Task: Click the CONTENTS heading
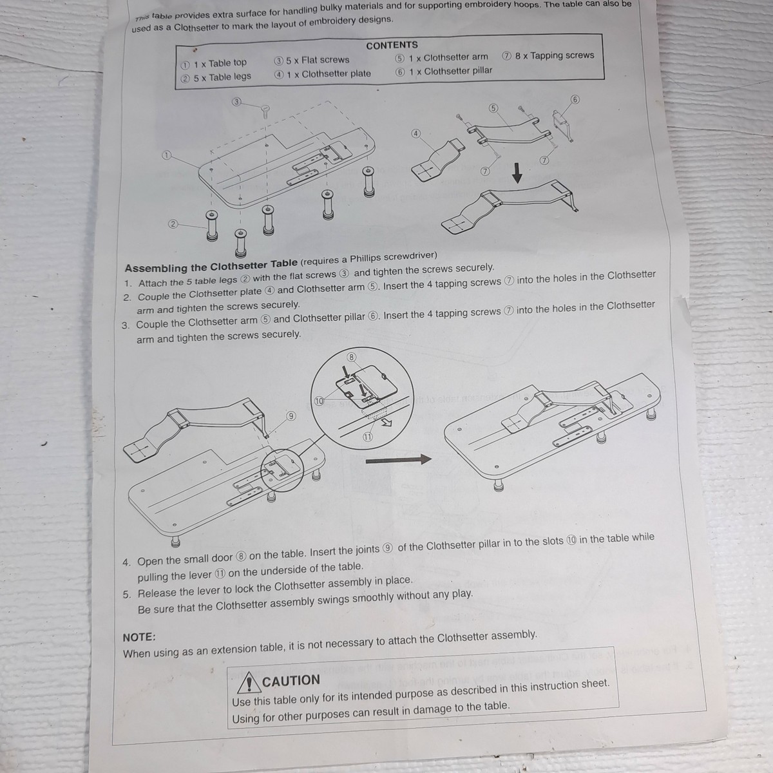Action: click(392, 45)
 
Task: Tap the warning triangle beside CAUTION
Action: click(249, 683)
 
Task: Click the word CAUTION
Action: click(291, 681)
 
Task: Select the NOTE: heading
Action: click(139, 638)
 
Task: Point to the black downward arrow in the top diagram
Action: click(517, 173)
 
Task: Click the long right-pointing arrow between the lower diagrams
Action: click(398, 460)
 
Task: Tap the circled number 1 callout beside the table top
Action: click(166, 155)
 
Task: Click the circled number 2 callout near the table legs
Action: click(173, 224)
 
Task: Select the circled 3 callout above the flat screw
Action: click(236, 102)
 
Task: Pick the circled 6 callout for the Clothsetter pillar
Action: click(575, 99)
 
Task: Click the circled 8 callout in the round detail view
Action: click(352, 357)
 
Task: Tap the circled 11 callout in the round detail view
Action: click(367, 437)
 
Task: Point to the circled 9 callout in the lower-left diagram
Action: click(291, 416)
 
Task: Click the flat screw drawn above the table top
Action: click(265, 111)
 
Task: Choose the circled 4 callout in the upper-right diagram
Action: click(416, 133)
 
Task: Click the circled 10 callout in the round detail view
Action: click(319, 401)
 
